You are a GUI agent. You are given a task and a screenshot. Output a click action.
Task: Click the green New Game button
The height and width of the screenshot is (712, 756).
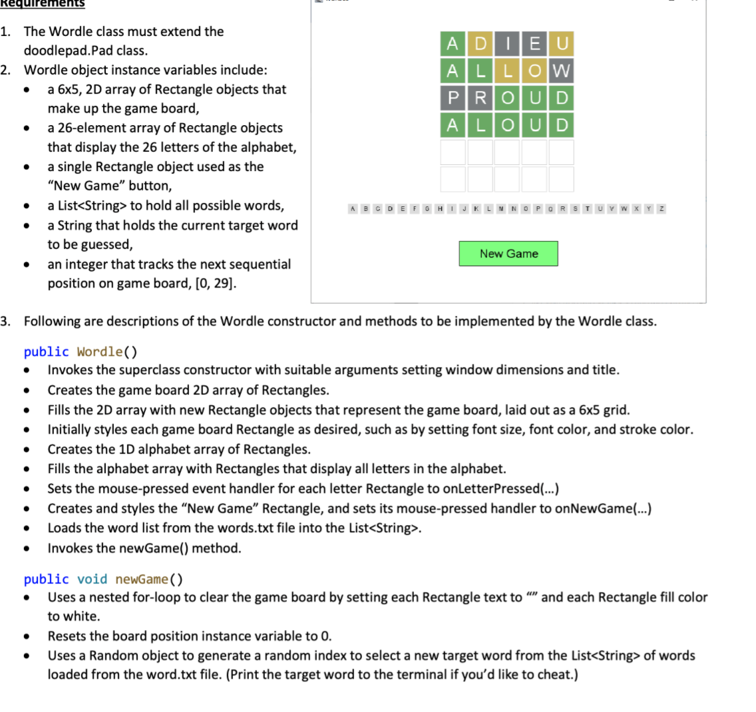508,254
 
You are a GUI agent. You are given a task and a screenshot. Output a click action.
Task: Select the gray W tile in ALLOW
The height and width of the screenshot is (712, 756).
561,71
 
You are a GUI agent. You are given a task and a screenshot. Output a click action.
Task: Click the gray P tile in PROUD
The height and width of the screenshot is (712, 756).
453,98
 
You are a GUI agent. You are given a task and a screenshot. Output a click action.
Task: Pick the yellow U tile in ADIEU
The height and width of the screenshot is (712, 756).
561,44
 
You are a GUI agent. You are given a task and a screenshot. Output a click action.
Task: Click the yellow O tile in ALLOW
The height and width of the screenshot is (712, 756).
534,71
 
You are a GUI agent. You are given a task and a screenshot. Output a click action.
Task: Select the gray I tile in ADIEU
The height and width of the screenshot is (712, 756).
507,44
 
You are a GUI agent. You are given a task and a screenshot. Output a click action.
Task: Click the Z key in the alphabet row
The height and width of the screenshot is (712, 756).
661,209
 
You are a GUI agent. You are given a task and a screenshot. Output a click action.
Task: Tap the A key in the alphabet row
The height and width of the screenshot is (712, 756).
353,209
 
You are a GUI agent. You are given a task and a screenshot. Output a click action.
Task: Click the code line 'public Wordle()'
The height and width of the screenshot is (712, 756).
81,351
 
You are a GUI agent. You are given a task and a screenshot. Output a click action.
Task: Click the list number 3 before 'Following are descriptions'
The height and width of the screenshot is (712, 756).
5,321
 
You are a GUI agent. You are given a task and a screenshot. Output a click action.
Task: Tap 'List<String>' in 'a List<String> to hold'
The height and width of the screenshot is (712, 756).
91,206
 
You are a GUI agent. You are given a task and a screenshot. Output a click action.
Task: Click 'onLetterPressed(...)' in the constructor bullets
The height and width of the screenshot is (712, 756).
500,489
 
